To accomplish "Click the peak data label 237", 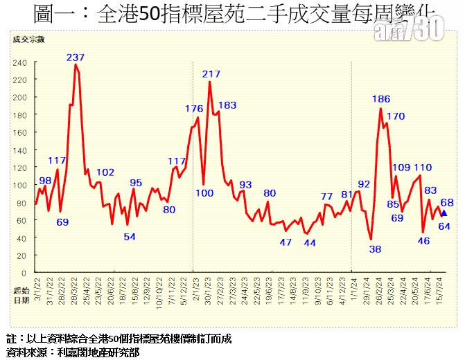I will point(75,57).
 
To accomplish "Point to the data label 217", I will point(211,73).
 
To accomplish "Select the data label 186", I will point(381,99).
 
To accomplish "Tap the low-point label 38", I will point(375,249).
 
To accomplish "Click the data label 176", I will point(194,108).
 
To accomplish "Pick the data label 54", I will point(130,236).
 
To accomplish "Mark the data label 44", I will point(310,243).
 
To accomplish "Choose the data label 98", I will point(45,180).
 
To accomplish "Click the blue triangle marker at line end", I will point(444,213).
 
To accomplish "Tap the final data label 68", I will point(447,202).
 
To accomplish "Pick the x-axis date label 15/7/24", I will point(439,294).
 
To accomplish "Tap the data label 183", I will point(227,105).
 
